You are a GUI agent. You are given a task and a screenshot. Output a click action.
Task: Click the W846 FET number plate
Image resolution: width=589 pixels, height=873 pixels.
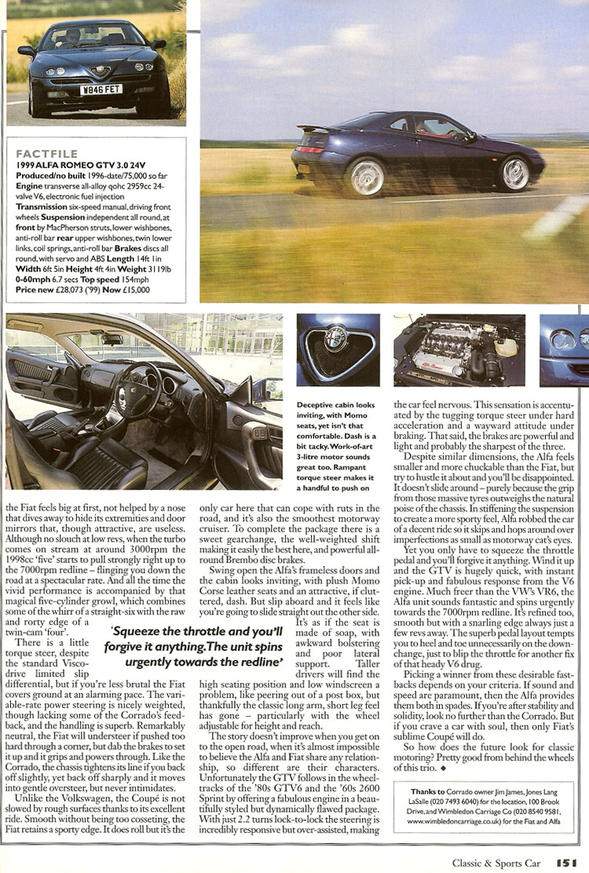101,89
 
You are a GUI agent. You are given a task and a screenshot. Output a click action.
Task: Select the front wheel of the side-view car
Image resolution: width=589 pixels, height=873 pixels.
515,173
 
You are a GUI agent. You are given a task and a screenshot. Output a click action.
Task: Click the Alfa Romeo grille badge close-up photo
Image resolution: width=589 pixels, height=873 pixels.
338,350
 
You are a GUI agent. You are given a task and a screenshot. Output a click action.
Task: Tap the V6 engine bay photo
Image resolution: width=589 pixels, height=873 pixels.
459,350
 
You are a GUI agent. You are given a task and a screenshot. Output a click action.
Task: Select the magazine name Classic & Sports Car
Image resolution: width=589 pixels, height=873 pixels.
496,863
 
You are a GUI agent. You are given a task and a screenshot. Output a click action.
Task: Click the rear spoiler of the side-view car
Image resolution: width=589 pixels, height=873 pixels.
309,128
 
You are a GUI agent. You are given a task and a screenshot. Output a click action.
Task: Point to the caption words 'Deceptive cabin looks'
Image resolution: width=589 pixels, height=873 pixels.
335,404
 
